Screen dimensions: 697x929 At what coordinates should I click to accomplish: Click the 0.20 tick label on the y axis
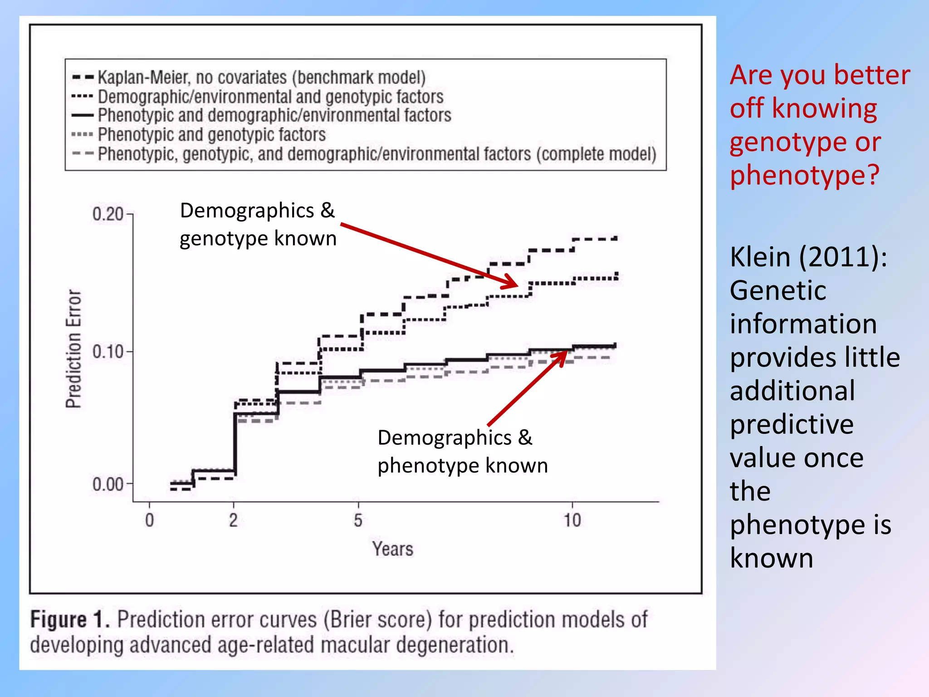108,214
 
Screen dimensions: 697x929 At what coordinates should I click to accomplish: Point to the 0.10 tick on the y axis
108,352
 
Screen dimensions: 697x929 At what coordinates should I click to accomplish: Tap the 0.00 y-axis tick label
108,484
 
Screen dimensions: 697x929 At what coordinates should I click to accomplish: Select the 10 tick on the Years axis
572,520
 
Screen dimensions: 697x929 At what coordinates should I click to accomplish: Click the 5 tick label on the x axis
358,520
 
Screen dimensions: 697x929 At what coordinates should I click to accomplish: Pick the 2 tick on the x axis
233,520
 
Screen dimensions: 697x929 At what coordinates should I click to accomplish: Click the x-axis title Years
393,549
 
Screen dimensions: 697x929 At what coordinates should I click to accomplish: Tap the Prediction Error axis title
73,348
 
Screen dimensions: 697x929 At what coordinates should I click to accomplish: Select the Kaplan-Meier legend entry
261,78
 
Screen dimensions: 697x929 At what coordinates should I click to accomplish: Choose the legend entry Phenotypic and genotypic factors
211,135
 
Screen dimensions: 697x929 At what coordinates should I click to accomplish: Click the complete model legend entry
376,154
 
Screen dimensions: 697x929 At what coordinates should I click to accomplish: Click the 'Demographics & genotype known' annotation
258,224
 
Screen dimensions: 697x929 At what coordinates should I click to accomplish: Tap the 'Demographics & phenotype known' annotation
463,452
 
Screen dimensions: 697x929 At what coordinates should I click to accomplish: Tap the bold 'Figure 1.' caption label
70,619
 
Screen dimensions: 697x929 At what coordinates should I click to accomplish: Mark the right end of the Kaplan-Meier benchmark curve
616,238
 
